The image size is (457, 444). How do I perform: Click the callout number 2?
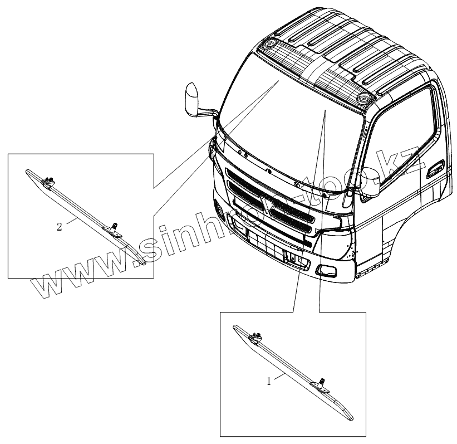(x=60, y=227)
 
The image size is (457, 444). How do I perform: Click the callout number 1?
(x=269, y=382)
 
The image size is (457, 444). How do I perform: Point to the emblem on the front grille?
(x=271, y=207)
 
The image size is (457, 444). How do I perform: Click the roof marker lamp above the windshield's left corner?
(x=271, y=43)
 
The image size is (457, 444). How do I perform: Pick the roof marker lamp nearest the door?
(x=365, y=98)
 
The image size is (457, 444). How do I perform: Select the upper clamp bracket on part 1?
(x=257, y=335)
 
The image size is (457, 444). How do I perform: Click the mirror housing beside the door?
(x=370, y=184)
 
